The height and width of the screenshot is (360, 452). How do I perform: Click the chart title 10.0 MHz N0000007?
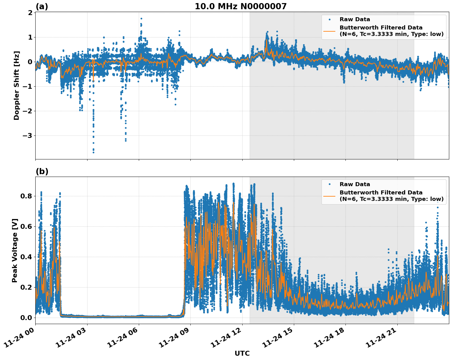point(240,6)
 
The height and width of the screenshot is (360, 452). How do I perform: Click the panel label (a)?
point(42,6)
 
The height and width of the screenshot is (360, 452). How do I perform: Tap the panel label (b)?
point(42,171)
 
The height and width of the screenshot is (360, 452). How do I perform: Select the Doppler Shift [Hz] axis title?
point(17,85)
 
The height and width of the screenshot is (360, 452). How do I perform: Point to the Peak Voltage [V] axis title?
point(15,250)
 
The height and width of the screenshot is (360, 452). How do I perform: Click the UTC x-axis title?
point(242,353)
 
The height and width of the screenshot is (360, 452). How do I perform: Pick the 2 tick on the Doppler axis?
point(30,13)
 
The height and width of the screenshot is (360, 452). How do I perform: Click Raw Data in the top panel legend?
point(355,19)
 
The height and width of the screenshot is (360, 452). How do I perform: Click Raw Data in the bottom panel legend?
point(355,184)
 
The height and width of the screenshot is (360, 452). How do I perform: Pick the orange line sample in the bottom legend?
point(329,196)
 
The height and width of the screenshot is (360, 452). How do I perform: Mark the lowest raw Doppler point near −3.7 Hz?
point(93,152)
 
